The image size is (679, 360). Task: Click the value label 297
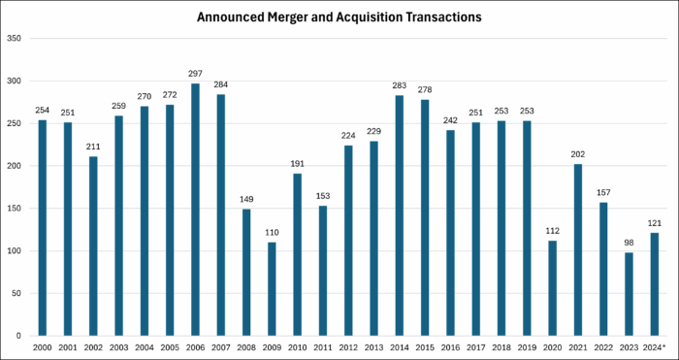(x=195, y=75)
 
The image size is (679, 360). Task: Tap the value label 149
(x=245, y=201)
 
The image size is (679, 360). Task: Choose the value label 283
(x=398, y=87)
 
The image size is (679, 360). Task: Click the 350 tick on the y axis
(x=15, y=38)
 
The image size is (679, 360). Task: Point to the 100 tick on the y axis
(x=15, y=250)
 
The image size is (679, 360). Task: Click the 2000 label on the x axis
(x=42, y=346)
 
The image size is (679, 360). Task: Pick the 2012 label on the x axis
(x=347, y=346)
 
